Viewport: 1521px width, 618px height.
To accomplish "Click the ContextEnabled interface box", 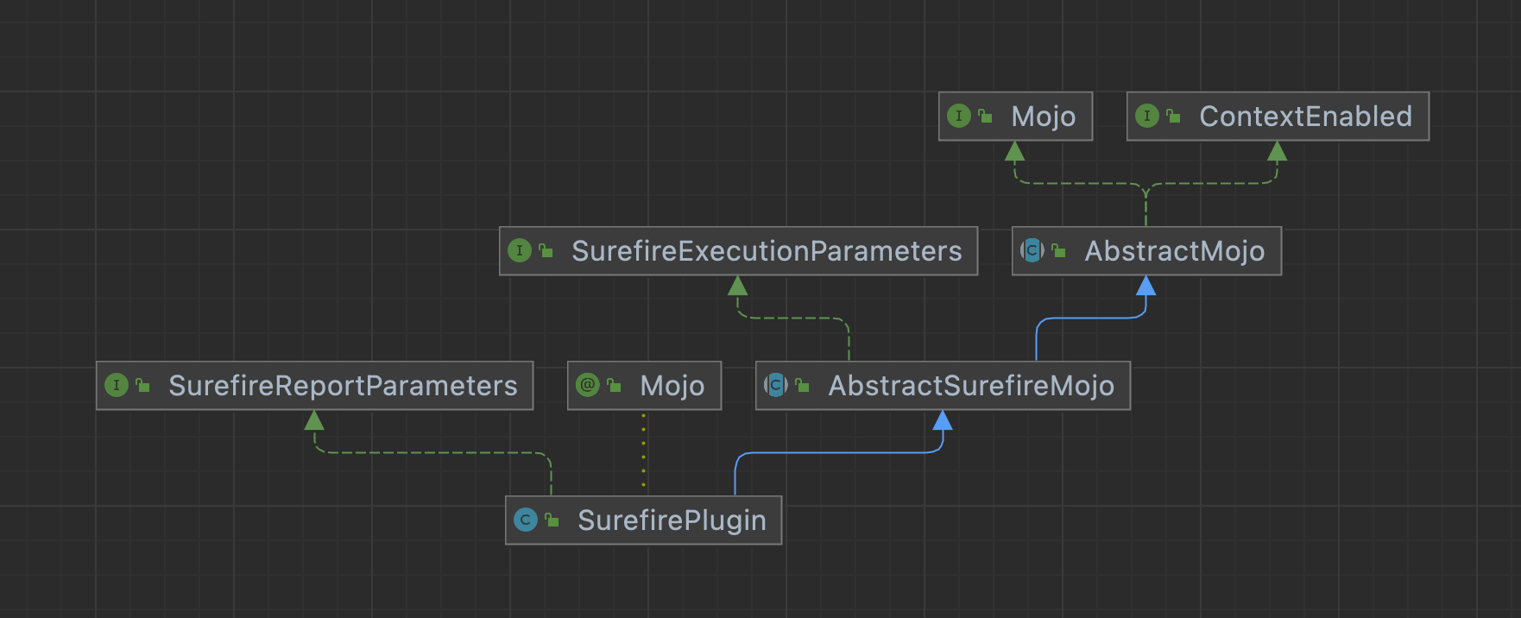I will click(1278, 117).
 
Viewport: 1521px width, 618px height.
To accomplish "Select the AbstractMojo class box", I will click(1146, 251).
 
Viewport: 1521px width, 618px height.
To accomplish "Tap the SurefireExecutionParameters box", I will click(738, 251).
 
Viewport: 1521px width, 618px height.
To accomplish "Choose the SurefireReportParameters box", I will click(314, 386).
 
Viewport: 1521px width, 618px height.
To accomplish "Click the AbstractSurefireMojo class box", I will click(943, 386).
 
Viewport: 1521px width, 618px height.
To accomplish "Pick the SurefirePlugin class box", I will click(643, 520).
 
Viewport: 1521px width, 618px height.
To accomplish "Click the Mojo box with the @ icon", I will click(644, 386).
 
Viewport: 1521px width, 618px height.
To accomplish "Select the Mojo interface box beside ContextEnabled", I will click(1015, 117).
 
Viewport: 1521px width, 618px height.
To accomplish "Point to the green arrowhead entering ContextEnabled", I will click(1278, 152).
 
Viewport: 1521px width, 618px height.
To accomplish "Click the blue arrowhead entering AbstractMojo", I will click(1146, 287).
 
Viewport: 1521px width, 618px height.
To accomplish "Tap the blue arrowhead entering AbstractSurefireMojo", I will click(943, 420).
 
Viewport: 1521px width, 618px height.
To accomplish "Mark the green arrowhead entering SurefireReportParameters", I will click(314, 420).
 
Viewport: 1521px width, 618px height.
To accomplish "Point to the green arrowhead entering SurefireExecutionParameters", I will click(738, 287).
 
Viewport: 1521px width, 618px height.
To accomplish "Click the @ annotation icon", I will click(588, 385).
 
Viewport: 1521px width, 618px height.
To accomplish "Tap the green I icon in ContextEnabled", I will click(1147, 116).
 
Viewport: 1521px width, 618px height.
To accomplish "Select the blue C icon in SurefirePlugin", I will click(525, 520).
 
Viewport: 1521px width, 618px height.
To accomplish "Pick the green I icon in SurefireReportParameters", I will click(117, 385).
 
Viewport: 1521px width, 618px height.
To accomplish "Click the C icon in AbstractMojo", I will click(1032, 250).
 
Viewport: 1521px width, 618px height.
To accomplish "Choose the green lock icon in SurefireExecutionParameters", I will click(546, 251).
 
